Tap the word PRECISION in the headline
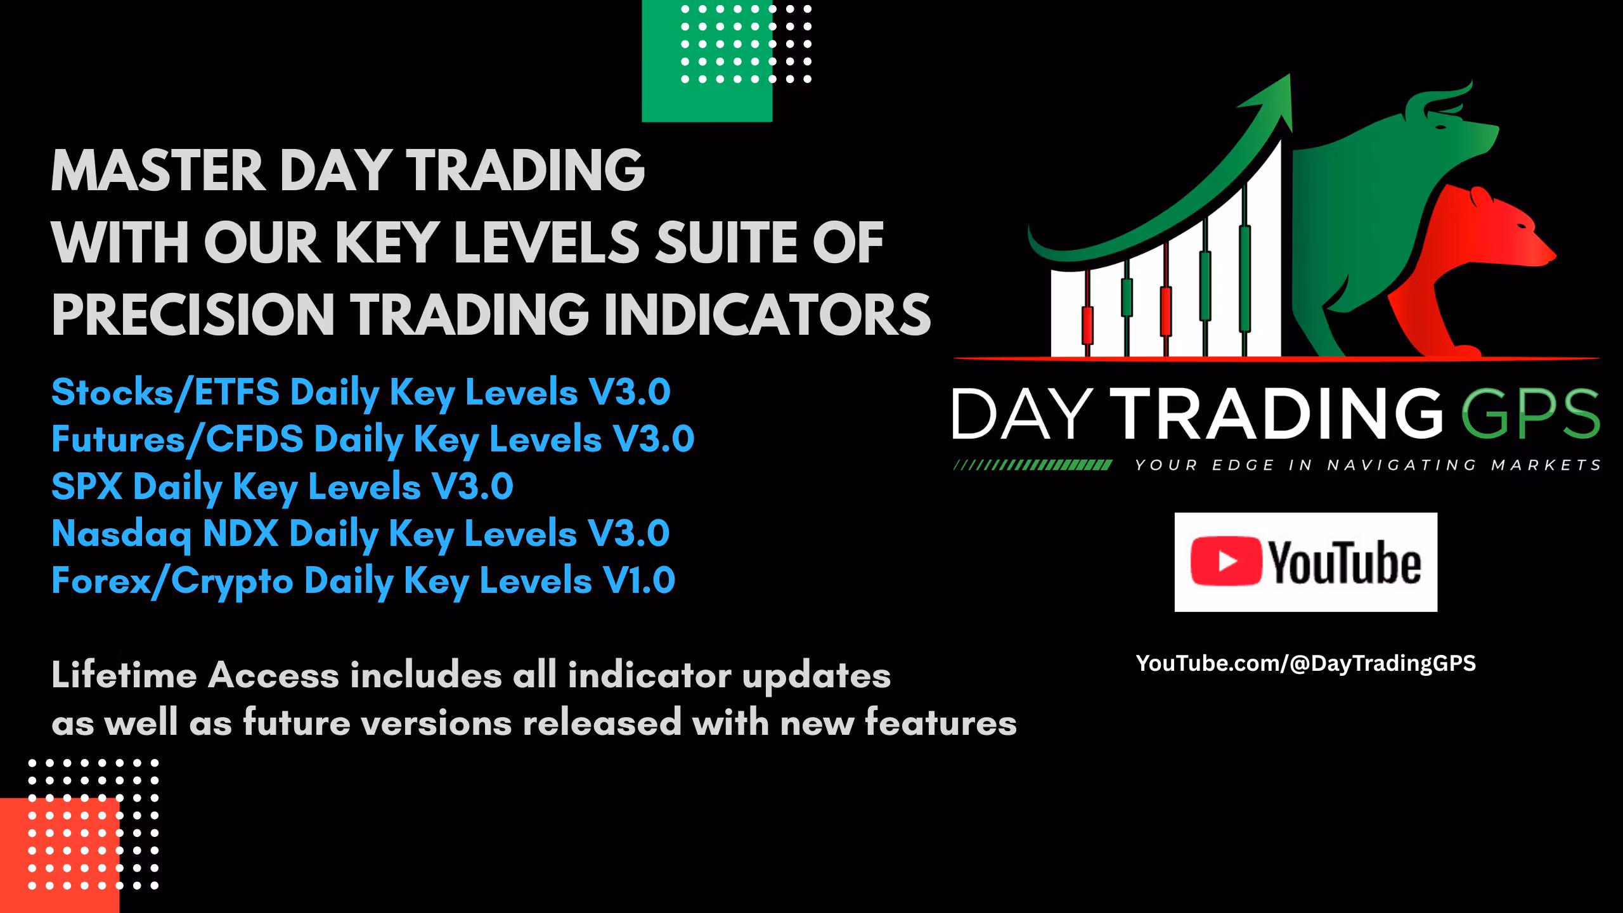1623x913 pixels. point(193,314)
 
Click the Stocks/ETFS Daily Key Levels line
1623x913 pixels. point(360,392)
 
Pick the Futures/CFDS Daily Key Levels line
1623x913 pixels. point(372,439)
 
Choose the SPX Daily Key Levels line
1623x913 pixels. point(281,487)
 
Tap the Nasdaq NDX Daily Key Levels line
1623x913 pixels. point(360,534)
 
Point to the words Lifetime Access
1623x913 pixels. point(196,675)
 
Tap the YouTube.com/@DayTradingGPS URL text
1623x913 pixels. point(1305,663)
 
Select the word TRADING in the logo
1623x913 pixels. point(1274,413)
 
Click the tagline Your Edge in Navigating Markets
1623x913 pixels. point(1367,465)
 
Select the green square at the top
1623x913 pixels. point(706,61)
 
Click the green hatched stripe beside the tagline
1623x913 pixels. point(1032,465)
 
